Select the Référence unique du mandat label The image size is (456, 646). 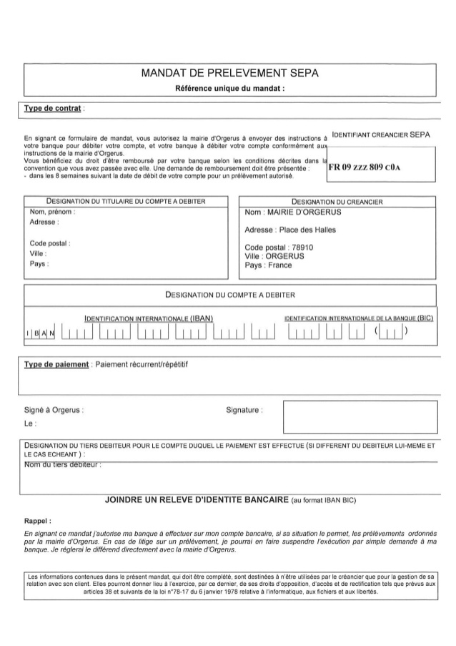tap(230, 89)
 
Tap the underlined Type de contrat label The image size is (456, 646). tap(53, 109)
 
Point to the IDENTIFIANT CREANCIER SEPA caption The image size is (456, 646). tap(381, 134)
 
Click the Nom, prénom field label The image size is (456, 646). tap(53, 212)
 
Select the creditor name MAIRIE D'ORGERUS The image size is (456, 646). tap(293, 212)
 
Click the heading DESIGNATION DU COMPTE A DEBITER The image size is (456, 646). tap(230, 294)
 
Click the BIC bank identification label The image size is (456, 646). tap(359, 318)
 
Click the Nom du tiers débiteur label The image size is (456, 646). tap(63, 466)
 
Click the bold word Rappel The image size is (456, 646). tap(37, 521)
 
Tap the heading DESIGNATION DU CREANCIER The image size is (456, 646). tap(337, 202)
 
